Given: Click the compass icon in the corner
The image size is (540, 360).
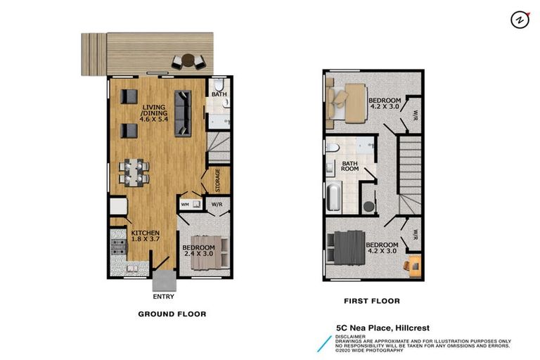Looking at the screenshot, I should coord(520,20).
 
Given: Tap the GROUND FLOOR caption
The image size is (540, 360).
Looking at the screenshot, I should coord(172,314).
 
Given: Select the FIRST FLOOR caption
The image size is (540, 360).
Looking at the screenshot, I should coord(371,301).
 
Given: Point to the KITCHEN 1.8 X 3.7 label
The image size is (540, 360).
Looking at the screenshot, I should coord(145,236).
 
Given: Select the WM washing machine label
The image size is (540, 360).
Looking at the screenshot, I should coord(186,205).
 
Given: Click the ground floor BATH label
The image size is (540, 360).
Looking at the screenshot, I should coord(219,94).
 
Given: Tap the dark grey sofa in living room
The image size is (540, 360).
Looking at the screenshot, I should coord(183,112).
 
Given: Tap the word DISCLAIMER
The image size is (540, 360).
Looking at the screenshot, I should coord(350,336).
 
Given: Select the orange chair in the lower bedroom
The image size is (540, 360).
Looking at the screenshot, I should coord(411,264).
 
